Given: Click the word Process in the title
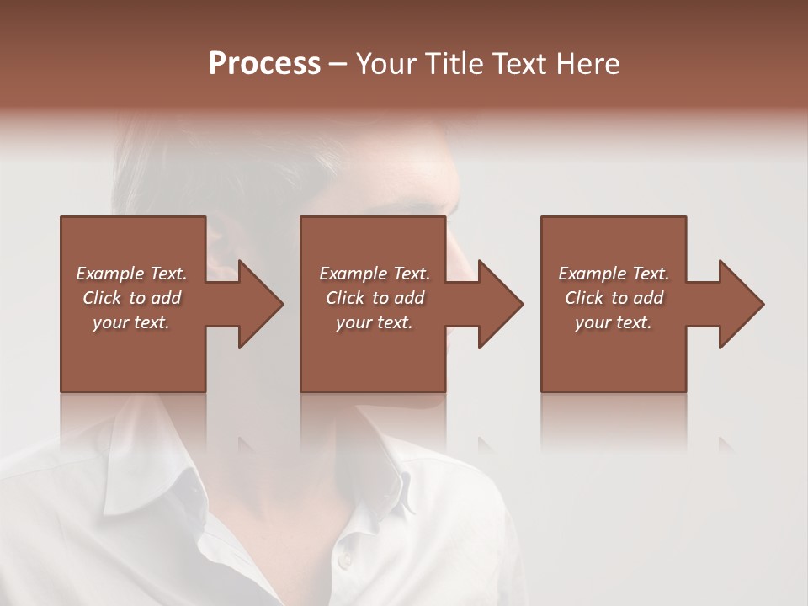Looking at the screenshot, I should coord(264,64).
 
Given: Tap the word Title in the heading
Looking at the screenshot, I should coord(451,64).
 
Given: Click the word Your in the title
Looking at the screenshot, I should coord(386,64).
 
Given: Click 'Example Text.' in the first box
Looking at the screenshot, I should coord(131,274).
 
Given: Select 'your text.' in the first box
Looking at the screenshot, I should coord(131,322).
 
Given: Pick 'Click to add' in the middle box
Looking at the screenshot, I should coord(375,298).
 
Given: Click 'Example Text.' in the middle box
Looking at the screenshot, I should coord(375,274).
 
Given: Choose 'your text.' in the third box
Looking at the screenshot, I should coord(614,322).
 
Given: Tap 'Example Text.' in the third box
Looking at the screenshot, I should coord(614,274).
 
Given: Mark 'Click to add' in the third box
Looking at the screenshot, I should coord(614,298).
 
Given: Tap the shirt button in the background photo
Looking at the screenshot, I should coord(343,561).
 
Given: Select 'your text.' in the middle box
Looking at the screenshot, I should coord(375,322).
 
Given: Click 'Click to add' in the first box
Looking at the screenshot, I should coord(131,298).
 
